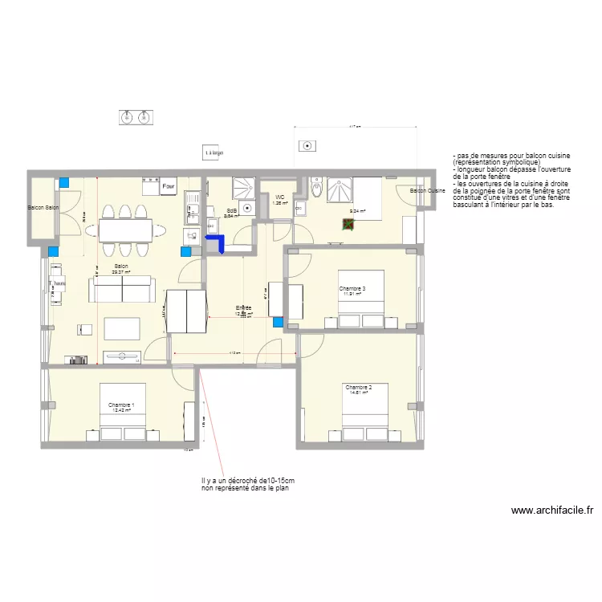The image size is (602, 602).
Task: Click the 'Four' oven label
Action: click(x=168, y=187)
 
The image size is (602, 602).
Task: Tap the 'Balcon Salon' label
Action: click(x=43, y=208)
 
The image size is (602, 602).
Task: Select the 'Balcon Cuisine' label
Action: click(x=427, y=191)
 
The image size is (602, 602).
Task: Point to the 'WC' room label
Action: click(x=279, y=197)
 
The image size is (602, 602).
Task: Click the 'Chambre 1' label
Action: click(x=121, y=405)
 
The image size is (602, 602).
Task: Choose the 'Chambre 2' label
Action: click(x=357, y=387)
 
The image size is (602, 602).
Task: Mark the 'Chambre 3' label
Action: click(x=352, y=288)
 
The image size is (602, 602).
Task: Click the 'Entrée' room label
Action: click(x=243, y=308)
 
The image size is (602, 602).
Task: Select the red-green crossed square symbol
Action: click(x=348, y=225)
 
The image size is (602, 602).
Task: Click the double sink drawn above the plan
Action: click(x=135, y=118)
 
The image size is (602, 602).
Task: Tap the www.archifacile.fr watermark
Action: click(x=551, y=510)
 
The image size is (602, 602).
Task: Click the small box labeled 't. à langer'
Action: click(x=213, y=151)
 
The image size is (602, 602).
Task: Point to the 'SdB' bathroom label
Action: click(x=230, y=210)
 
